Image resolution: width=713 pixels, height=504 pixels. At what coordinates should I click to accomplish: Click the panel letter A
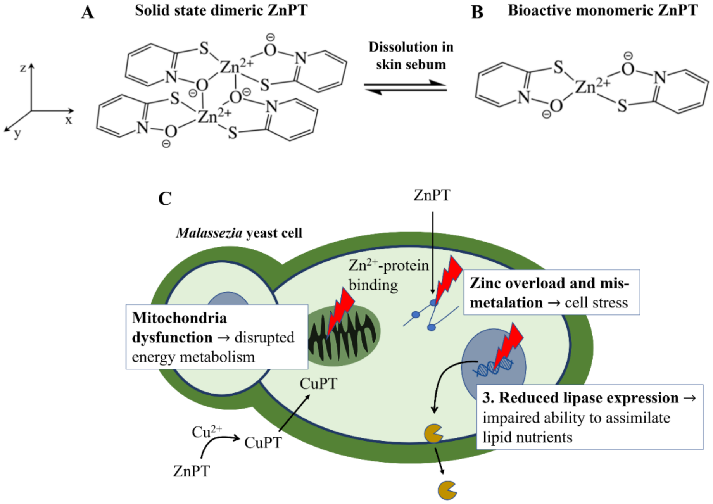[x=88, y=12]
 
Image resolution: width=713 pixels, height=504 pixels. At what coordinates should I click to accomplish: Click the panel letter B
[x=477, y=12]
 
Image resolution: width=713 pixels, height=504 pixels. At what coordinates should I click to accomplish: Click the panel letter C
[x=165, y=198]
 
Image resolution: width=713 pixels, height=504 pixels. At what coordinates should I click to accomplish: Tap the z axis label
[x=23, y=68]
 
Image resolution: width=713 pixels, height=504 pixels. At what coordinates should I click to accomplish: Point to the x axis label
[x=68, y=120]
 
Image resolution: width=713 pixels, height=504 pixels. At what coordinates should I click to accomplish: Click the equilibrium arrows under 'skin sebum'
[x=405, y=88]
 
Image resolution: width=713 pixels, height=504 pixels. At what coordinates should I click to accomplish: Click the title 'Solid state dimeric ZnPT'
[x=221, y=10]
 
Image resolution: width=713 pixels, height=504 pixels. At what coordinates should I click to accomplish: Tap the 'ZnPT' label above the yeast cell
[x=432, y=195]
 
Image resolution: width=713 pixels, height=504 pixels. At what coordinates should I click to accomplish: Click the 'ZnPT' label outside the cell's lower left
[x=192, y=471]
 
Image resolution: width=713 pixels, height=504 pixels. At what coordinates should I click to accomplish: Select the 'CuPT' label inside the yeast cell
[x=318, y=384]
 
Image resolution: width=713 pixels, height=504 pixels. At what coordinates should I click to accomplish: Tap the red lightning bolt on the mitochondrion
[x=340, y=310]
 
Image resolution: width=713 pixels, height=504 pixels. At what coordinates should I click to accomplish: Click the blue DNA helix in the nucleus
[x=492, y=366]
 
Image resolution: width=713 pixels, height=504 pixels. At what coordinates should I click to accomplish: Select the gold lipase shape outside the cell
[x=447, y=490]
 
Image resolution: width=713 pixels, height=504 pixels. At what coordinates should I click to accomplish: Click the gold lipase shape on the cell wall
[x=433, y=433]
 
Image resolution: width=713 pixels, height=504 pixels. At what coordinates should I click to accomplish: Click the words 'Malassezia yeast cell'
[x=239, y=233]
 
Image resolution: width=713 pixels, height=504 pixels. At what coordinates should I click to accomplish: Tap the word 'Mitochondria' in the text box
[x=179, y=318]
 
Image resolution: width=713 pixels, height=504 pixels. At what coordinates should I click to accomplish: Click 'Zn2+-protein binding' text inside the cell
[x=388, y=275]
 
